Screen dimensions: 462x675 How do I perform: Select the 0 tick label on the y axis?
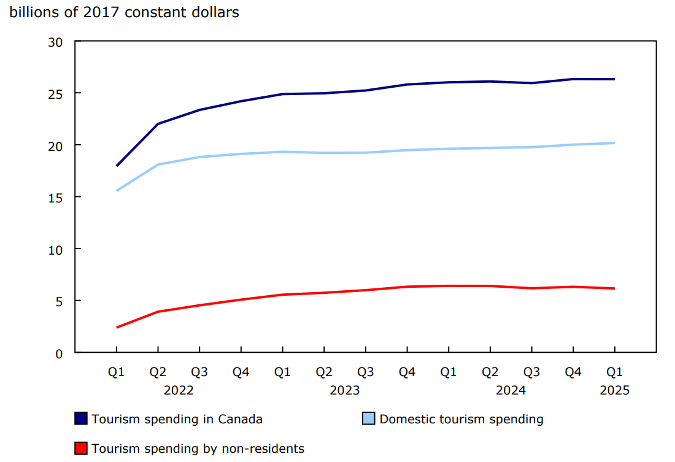(59, 353)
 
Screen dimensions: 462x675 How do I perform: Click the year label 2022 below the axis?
(179, 390)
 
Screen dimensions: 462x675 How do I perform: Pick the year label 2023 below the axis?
(344, 390)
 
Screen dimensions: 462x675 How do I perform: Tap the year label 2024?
(511, 390)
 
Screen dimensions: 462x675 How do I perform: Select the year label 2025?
(614, 390)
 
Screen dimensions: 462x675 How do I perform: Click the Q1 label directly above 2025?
(614, 372)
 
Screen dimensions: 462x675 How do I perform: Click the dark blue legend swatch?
(81, 419)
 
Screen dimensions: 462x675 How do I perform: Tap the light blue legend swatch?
(369, 419)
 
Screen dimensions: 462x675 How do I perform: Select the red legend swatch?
(81, 449)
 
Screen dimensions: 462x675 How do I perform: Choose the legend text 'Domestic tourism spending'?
(461, 419)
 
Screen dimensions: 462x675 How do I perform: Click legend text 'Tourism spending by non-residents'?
(198, 449)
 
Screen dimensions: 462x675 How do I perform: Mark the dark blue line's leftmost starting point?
(117, 166)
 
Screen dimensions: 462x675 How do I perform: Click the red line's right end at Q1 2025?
(614, 288)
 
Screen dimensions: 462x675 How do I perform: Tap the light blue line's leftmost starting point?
(117, 191)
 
